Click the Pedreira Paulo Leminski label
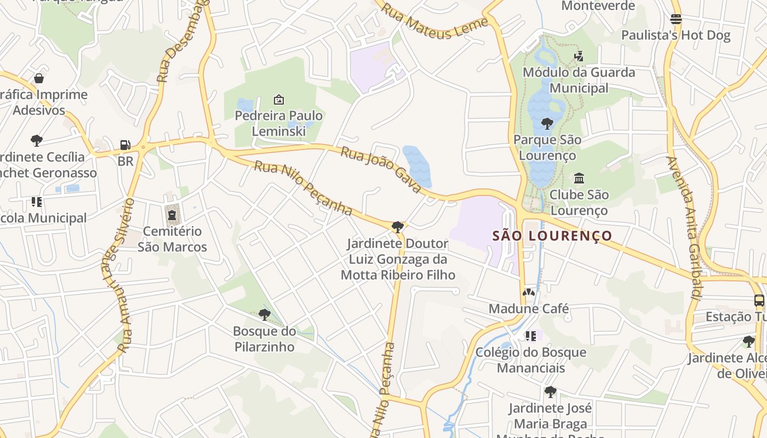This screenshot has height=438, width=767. click(278, 124)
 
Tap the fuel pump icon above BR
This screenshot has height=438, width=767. click(125, 145)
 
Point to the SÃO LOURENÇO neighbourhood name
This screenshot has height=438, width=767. click(552, 236)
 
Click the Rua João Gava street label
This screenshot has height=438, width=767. click(381, 169)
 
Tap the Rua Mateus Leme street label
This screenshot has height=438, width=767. click(434, 21)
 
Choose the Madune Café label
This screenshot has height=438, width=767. click(529, 309)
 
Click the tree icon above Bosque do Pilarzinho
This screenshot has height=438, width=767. click(265, 314)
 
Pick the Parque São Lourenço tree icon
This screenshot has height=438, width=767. click(547, 124)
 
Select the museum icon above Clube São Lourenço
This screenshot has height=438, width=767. click(579, 178)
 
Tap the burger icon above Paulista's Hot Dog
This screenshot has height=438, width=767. click(676, 19)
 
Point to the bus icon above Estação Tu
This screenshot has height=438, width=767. click(759, 301)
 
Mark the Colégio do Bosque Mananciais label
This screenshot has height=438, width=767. click(531, 360)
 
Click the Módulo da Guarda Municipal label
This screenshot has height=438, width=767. click(579, 80)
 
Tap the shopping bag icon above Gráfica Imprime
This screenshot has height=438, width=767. click(38, 78)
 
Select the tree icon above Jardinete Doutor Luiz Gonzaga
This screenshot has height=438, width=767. click(398, 227)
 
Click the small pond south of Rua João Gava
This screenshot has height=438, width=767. click(417, 165)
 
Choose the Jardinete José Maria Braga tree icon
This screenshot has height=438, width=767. click(550, 392)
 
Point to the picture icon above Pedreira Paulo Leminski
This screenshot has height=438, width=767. click(279, 100)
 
